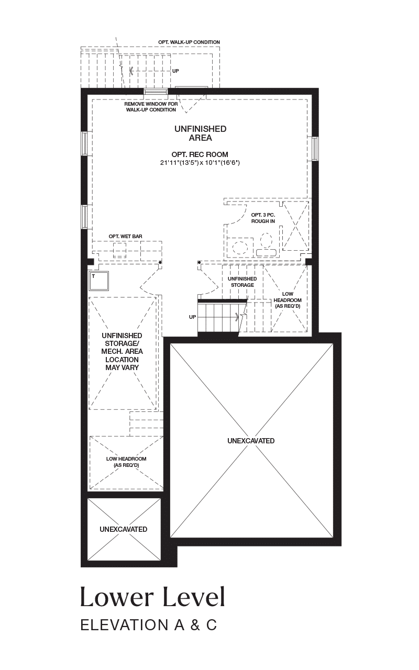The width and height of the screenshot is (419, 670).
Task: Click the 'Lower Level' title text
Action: (152, 597)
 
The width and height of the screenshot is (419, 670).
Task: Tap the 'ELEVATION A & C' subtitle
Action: (149, 626)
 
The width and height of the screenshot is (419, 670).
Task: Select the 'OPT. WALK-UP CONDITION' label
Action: (189, 42)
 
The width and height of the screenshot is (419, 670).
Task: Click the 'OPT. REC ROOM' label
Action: (200, 154)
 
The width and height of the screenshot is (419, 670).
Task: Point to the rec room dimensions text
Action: (200, 163)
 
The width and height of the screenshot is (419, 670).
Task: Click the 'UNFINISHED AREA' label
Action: (201, 133)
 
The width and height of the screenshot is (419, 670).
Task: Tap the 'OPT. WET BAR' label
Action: (125, 237)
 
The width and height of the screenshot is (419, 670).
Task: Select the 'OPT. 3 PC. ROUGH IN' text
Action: (263, 218)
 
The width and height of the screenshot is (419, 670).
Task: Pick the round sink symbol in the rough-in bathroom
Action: (240, 248)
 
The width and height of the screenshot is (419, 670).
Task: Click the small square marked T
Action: (98, 281)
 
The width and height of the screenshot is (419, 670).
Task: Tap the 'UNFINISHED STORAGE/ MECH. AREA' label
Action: (122, 343)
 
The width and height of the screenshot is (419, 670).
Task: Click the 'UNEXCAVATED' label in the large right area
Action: (251, 441)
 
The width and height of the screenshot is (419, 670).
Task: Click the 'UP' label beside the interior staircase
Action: (192, 317)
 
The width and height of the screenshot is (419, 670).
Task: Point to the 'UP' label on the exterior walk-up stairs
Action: (175, 71)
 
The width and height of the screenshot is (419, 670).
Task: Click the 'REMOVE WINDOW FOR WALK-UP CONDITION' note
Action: (151, 107)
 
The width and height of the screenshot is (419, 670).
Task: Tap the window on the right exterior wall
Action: (315, 149)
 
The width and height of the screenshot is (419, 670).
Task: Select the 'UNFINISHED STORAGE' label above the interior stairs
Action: (242, 282)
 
